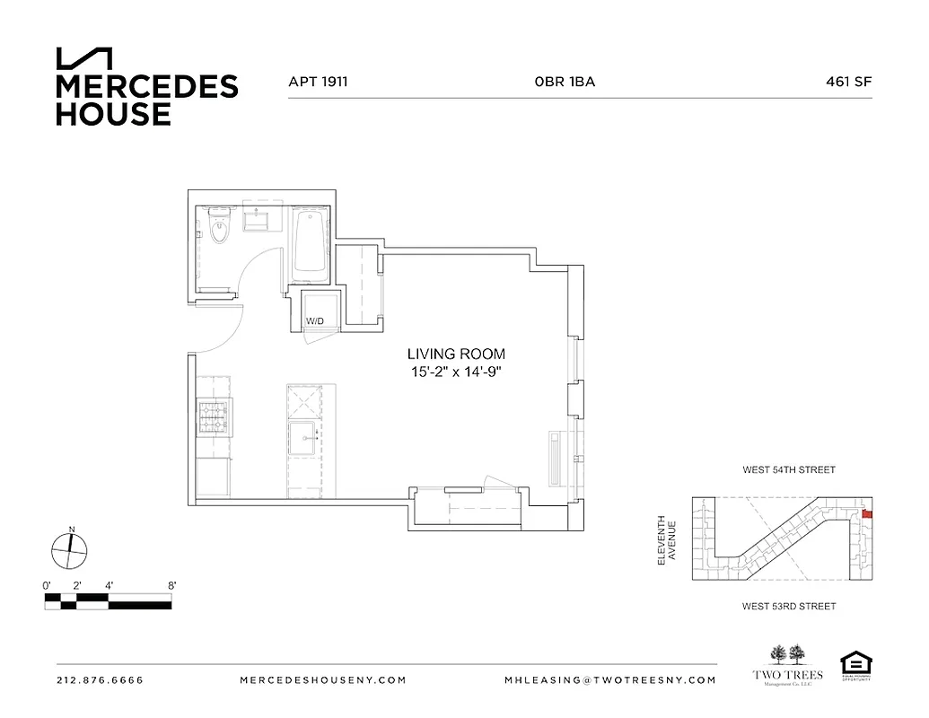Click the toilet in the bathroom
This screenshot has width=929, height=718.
[x=219, y=228]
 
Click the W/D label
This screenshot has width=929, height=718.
[x=315, y=320]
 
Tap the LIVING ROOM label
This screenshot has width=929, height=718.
[x=456, y=354]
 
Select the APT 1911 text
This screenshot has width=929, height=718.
[x=318, y=82]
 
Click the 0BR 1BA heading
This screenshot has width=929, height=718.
[x=565, y=82]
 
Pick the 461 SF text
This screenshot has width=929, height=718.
[x=848, y=82]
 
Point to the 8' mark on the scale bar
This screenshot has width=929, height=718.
[x=171, y=586]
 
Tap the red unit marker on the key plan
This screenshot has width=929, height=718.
[x=866, y=514]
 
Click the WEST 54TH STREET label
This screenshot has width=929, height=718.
[x=788, y=469]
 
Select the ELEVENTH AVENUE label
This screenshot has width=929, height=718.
[x=665, y=540]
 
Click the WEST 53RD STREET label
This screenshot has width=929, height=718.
[x=788, y=607]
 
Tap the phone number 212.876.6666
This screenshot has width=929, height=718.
[x=100, y=679]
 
